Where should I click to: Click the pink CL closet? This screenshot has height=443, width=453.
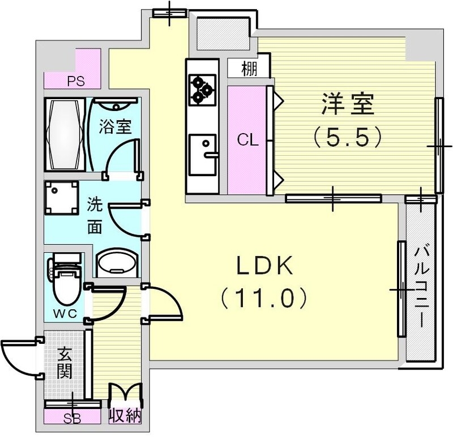(247, 140)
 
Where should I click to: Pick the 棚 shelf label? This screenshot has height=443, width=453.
(249, 69)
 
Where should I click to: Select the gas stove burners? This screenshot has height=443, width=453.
(202, 90)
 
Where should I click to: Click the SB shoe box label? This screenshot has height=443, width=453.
(72, 419)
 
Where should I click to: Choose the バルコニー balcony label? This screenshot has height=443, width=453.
(420, 286)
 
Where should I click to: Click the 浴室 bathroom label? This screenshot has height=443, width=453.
(116, 126)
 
